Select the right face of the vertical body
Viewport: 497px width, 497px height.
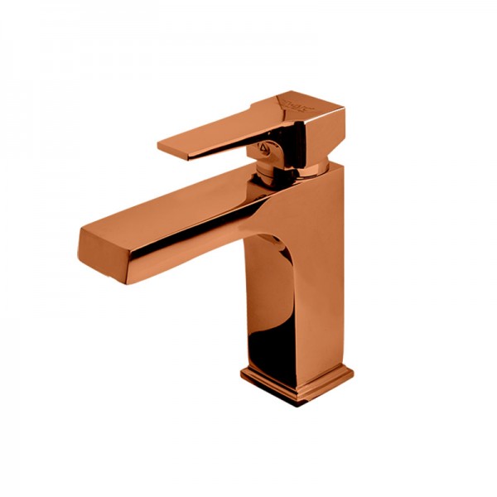tap(327, 265)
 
